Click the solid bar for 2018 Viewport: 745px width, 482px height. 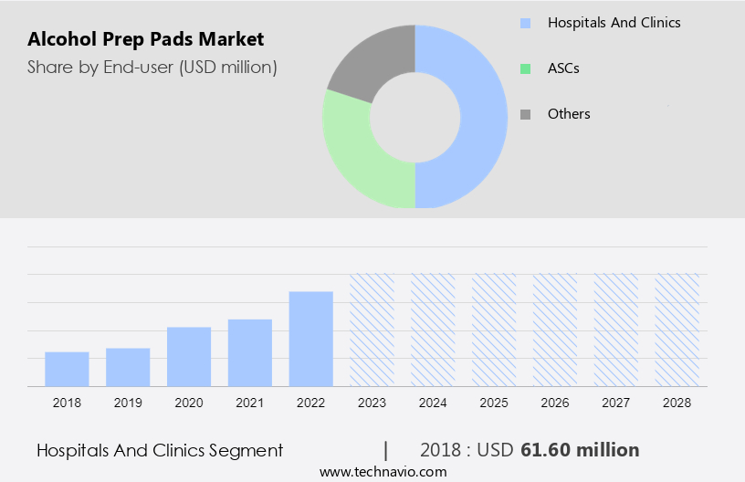click(67, 369)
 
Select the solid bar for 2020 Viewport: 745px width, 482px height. click(189, 356)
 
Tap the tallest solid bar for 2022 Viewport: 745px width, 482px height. click(311, 339)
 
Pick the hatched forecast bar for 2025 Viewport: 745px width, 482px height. click(494, 330)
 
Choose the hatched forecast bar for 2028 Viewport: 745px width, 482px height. click(677, 330)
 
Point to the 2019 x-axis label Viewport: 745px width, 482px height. click(128, 403)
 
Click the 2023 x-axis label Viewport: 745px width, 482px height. click(372, 403)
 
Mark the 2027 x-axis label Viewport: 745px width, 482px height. click(615, 403)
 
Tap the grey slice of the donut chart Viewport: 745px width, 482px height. click(370, 59)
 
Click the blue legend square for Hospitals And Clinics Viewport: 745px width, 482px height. click(525, 23)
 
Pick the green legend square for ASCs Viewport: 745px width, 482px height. click(525, 68)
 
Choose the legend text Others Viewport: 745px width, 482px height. click(569, 114)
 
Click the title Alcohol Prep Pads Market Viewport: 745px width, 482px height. click(145, 39)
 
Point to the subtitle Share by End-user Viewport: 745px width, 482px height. click(152, 67)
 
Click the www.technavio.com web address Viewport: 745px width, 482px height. click(383, 472)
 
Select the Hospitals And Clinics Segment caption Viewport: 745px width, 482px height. click(160, 450)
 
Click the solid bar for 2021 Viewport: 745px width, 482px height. click(250, 352)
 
